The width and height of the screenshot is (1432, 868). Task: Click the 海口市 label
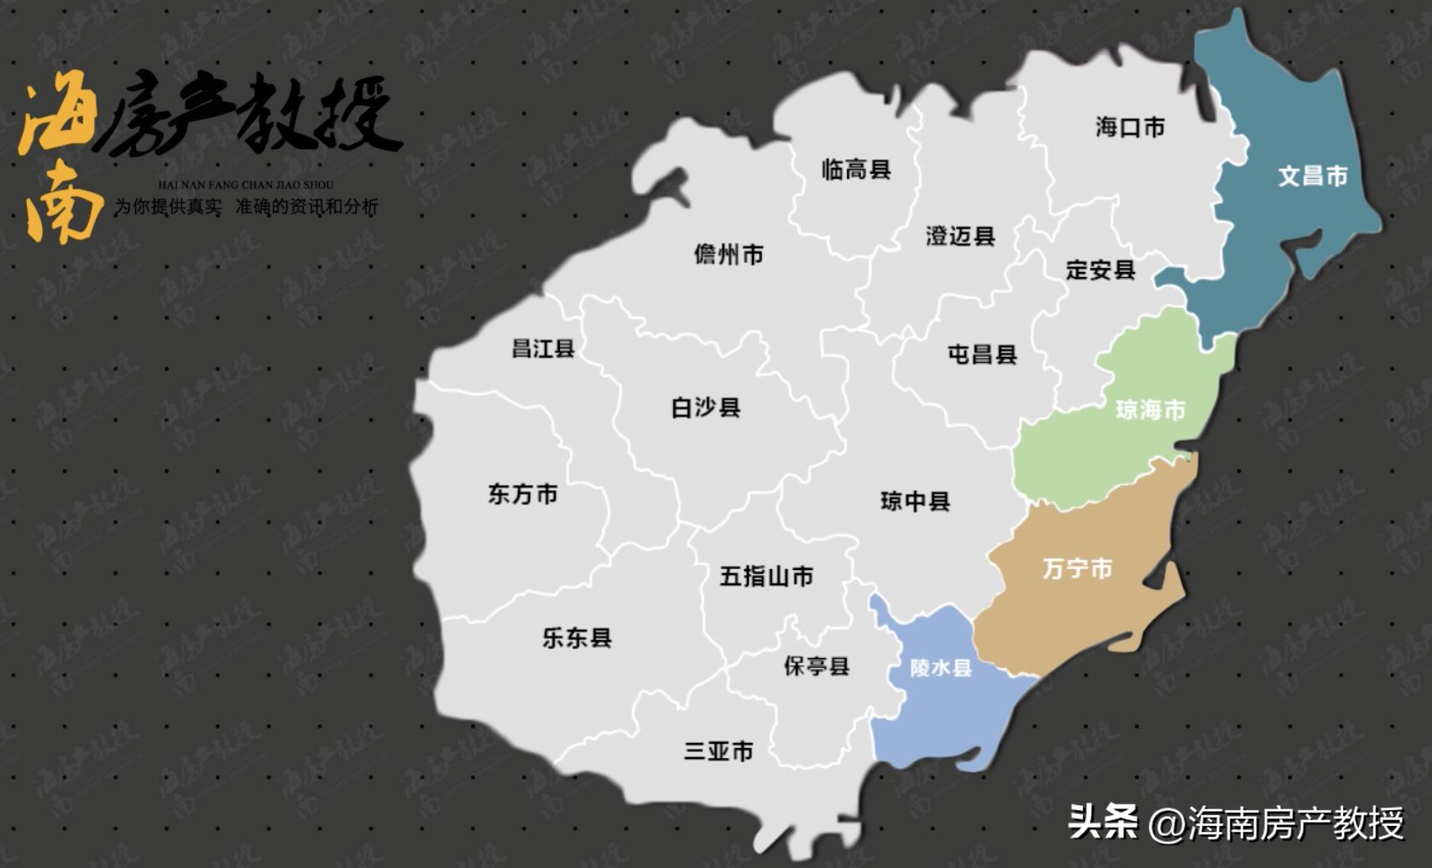[x=1130, y=127]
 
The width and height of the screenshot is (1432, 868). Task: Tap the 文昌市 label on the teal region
[x=1312, y=175]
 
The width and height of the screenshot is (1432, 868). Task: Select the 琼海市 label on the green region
[x=1150, y=410]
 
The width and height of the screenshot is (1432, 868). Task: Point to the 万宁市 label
[x=1077, y=568]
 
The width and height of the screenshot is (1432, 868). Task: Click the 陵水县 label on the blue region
[x=941, y=667]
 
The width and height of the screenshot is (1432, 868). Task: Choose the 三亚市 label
[x=719, y=750]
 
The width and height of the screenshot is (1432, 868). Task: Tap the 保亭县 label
[x=817, y=666]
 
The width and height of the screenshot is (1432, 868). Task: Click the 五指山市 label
[x=766, y=576]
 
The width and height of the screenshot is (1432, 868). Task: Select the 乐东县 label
[x=577, y=638]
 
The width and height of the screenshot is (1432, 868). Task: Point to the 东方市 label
[x=523, y=494]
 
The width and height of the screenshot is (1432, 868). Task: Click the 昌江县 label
[x=543, y=348]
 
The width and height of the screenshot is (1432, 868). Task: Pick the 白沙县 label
[x=705, y=408]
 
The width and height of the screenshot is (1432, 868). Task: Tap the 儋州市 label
[x=729, y=254]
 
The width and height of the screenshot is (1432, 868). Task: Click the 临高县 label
[x=855, y=170]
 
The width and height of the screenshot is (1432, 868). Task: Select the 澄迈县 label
[x=960, y=236]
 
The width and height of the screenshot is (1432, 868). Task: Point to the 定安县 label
[x=1100, y=269]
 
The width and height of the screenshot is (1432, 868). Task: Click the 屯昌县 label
[x=982, y=354]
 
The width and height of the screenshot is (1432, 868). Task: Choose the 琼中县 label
[x=915, y=501]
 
